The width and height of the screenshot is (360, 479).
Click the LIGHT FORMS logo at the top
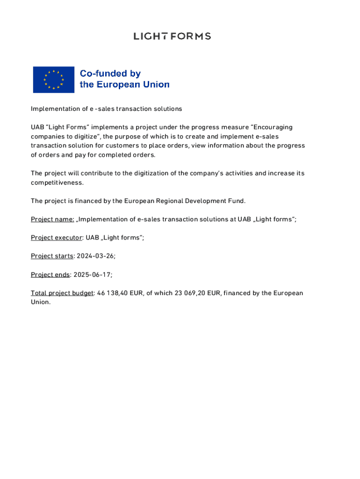172,36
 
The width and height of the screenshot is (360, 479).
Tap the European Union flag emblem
53,80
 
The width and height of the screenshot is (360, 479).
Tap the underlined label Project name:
52,219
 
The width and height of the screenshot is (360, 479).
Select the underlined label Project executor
56,238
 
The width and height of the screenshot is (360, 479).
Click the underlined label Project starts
52,256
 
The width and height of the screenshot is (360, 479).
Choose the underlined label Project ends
50,275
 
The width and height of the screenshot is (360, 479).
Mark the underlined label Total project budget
62,293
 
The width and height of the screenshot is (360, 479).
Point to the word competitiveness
57,182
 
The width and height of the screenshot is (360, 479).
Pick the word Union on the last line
40,302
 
